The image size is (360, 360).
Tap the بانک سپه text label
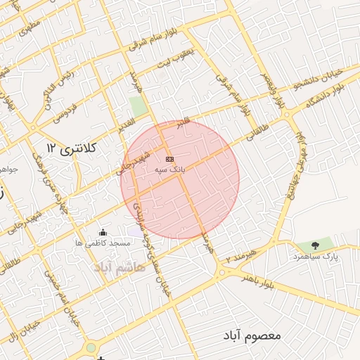[x=169, y=170]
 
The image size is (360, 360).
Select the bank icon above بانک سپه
[x=169, y=160]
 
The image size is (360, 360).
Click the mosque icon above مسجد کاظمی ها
[x=104, y=233]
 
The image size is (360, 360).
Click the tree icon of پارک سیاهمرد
[x=315, y=245]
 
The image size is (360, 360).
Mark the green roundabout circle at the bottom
[x=91, y=348]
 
